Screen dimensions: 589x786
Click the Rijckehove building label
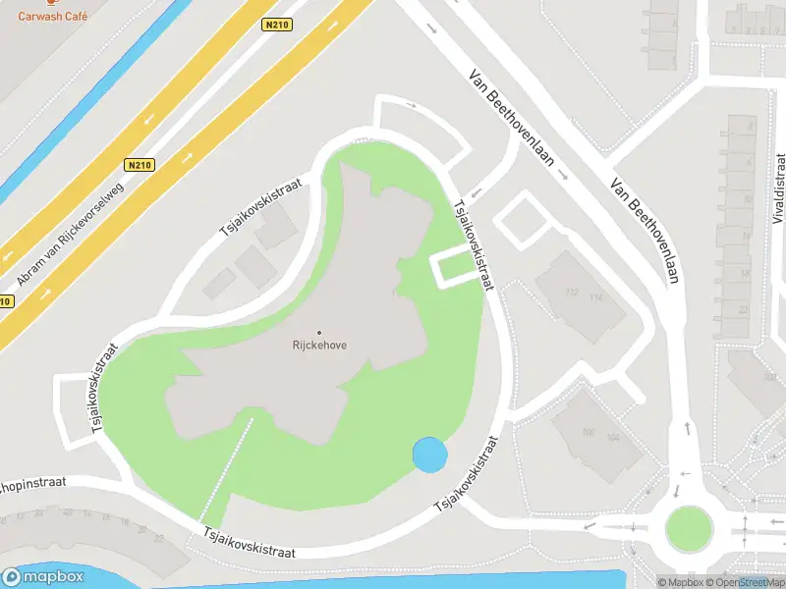[x=319, y=345]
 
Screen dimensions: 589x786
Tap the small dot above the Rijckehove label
[x=319, y=331]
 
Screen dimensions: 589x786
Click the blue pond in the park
[x=429, y=454]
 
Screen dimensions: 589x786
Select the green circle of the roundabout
[x=687, y=528]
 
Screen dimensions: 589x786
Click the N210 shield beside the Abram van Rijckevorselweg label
[x=139, y=166]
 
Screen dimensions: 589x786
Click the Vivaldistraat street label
[x=780, y=197]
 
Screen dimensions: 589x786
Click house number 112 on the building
[x=572, y=291]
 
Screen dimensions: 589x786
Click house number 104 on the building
[x=614, y=437]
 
